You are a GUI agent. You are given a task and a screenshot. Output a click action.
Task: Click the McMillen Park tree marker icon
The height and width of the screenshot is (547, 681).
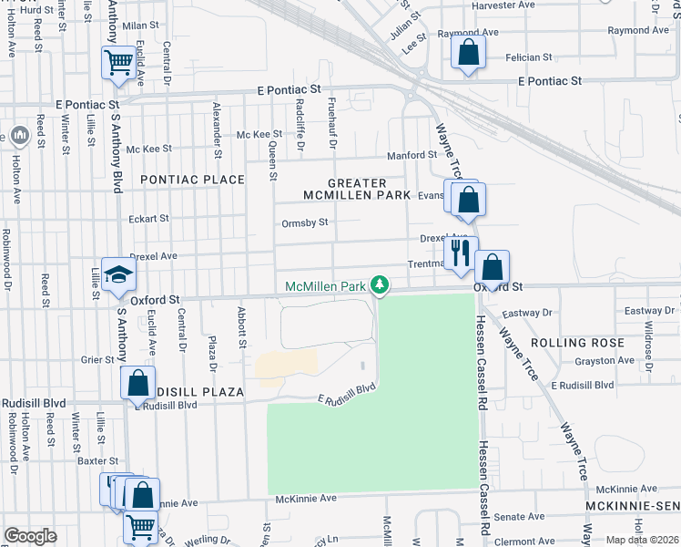[x=382, y=286]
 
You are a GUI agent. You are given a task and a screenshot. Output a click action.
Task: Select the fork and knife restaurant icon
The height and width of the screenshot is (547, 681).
[x=459, y=253]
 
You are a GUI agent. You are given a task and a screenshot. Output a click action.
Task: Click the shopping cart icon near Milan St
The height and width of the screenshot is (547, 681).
[x=118, y=63]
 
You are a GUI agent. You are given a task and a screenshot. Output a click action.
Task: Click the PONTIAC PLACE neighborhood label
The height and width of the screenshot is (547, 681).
[x=192, y=180]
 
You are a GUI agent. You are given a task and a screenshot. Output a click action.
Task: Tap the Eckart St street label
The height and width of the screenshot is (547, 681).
[x=148, y=219]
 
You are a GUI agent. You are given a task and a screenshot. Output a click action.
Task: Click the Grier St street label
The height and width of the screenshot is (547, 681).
[x=96, y=359]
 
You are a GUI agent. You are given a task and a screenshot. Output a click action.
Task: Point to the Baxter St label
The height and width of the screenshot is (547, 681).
[x=98, y=462]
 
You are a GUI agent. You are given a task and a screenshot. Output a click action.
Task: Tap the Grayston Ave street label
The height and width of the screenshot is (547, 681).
[x=604, y=360]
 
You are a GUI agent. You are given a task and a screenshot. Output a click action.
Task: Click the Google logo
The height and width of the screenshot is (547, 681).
[x=30, y=536]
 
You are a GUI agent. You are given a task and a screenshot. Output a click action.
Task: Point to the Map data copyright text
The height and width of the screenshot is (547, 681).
[x=642, y=540]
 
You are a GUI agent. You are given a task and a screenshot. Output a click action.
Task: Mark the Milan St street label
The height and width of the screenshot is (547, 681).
[x=140, y=27]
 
